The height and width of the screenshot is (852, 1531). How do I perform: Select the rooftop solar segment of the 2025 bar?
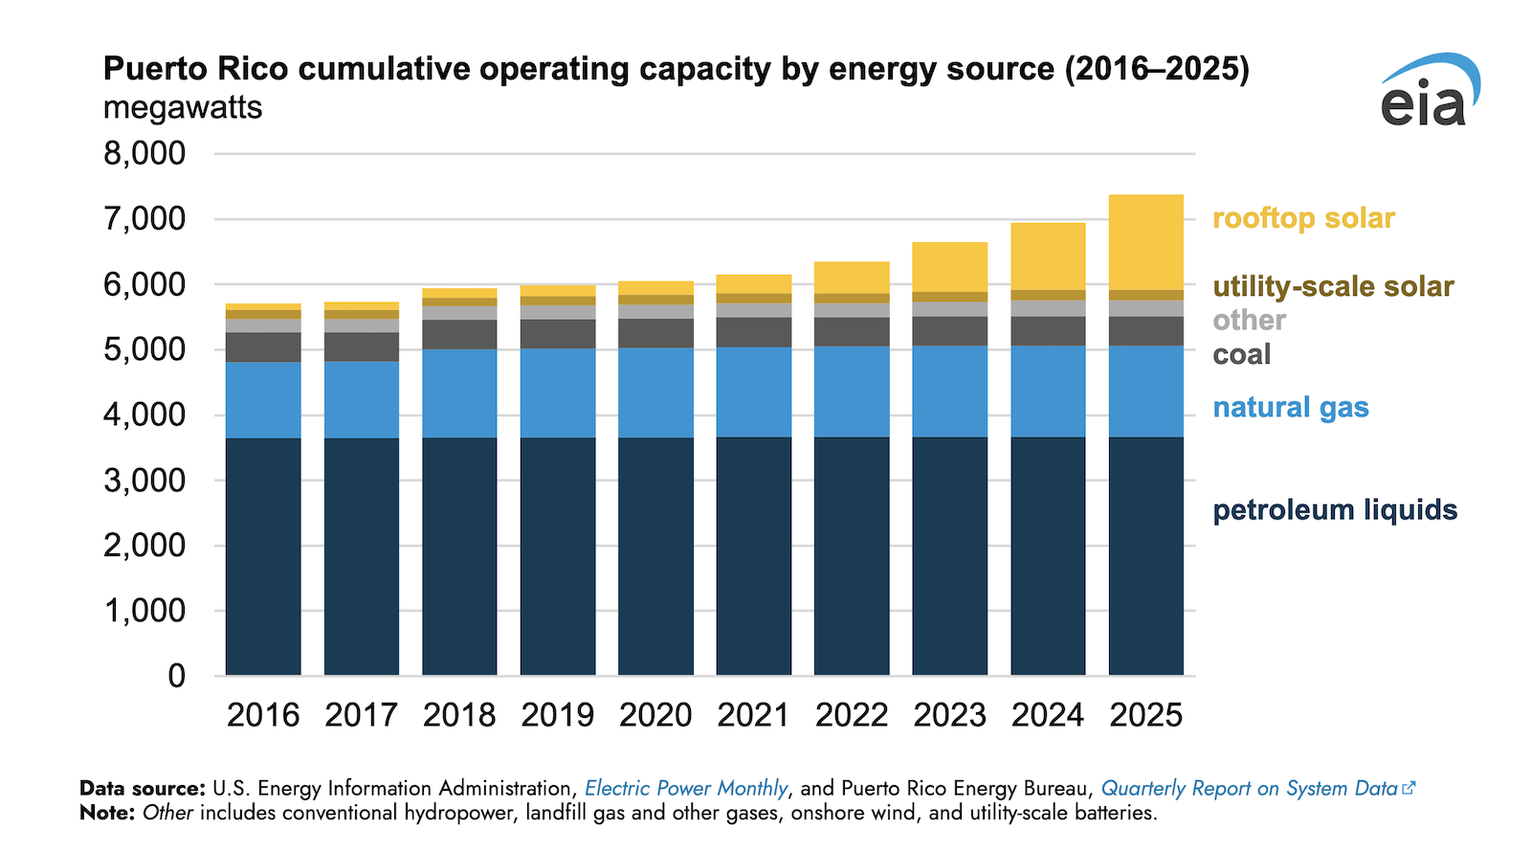1146,242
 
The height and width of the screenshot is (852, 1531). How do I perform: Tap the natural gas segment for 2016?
263,400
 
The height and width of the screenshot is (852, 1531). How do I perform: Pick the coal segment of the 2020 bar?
655,333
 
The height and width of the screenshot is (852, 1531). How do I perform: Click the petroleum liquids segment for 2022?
852,556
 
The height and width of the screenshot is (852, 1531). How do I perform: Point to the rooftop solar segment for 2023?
950,267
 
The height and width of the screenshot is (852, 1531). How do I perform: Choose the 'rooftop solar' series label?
1303,218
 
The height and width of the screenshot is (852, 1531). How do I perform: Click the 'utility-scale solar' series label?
1333,286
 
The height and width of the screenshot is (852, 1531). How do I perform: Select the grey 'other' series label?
1249,320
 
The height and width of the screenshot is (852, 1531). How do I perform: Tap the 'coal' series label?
1242,354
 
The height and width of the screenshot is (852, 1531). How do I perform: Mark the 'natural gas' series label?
1291,408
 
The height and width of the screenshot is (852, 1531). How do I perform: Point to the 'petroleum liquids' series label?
1335,509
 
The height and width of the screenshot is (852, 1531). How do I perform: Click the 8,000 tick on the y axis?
144,153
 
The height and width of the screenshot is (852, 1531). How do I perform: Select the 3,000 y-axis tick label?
144,481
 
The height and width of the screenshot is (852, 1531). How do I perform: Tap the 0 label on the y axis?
176,676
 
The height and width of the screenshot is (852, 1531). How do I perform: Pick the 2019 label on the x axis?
558,715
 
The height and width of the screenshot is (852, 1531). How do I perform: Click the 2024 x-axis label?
1048,715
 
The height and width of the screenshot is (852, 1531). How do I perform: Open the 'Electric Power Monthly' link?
686,788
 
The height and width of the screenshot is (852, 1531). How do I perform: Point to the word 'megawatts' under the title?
183,107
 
